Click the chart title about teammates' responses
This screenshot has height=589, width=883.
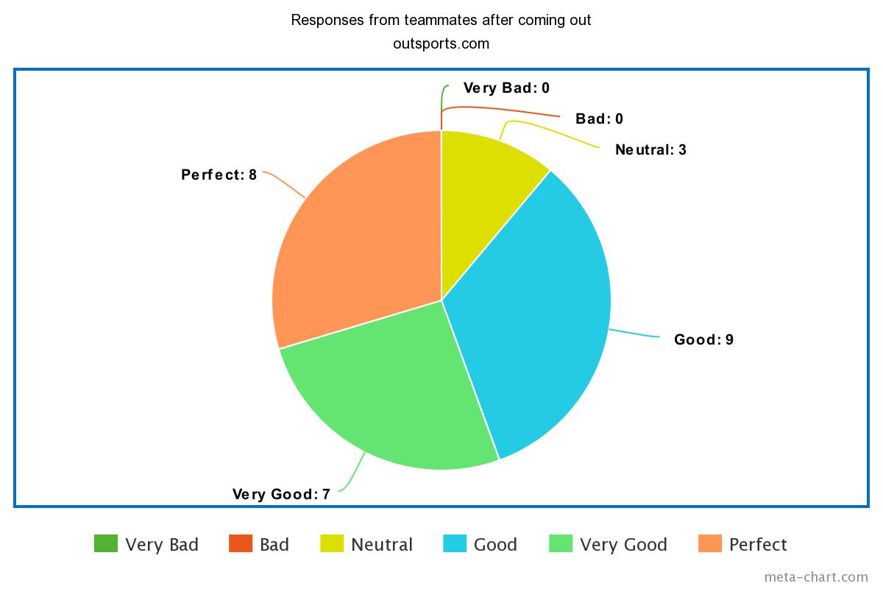(x=441, y=20)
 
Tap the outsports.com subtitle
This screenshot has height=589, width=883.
(x=441, y=43)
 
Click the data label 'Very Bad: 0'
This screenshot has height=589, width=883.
(x=506, y=88)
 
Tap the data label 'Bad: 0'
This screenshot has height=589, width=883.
(x=599, y=119)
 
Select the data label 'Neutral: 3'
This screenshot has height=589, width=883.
(x=650, y=150)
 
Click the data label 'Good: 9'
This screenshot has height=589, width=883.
(x=703, y=340)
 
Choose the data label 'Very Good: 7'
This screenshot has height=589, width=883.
(x=281, y=494)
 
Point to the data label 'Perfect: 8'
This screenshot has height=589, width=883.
(x=219, y=175)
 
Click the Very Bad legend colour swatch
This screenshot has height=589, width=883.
(x=106, y=544)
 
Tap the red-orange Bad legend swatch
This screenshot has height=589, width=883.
(x=241, y=544)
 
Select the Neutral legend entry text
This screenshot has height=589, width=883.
(x=382, y=545)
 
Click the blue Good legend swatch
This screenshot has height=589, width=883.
(x=454, y=544)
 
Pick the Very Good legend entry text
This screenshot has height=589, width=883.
(x=623, y=545)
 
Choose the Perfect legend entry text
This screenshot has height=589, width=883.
(x=758, y=545)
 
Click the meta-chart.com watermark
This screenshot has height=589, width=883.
(x=815, y=577)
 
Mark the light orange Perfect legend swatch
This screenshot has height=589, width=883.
(x=709, y=544)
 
